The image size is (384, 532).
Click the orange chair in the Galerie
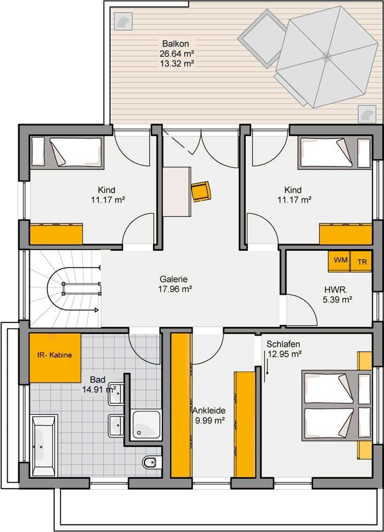coord(201,191)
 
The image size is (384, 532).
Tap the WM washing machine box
coord(339,261)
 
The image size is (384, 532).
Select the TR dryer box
coord(361,261)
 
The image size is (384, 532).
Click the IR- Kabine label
coord(55,355)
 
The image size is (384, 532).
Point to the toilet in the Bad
coord(150,462)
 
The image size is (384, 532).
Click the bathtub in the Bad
coord(44,445)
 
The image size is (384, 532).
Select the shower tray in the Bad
coord(146,425)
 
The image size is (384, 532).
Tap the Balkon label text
coord(176,43)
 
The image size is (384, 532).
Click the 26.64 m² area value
coord(177,53)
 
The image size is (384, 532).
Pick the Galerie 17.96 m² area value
coord(175,289)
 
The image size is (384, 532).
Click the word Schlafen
coord(283,344)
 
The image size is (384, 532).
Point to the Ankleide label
coord(209,411)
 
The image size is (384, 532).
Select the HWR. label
coord(336,290)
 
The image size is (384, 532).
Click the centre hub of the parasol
coord(326,56)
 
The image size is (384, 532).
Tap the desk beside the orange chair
coord(177,192)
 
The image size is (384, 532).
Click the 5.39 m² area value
coord(337,299)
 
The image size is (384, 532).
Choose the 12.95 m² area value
coord(285,354)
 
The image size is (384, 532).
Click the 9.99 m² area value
coord(210,421)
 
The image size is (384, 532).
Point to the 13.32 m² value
coord(177,63)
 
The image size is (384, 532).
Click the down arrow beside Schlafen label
coord(267,363)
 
